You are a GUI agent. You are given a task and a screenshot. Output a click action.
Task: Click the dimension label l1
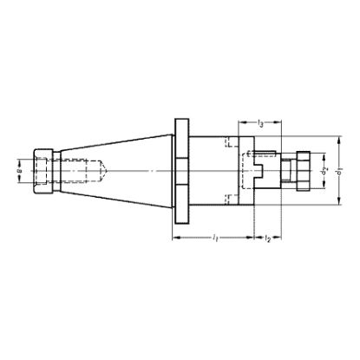pyautogui.click(x=213, y=237)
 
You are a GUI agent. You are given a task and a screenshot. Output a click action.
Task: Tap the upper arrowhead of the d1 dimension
pyautogui.click(x=337, y=138)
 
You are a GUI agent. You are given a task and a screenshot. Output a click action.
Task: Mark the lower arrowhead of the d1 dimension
pyautogui.click(x=337, y=205)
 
